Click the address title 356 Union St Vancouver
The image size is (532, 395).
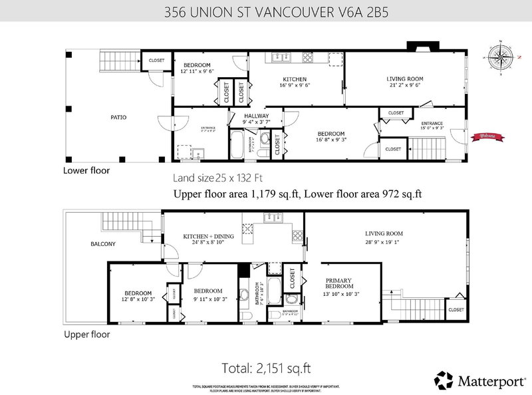(265, 11)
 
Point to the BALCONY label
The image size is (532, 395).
(102, 244)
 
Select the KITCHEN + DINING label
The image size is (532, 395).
(205, 236)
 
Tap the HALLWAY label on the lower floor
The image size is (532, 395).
(255, 115)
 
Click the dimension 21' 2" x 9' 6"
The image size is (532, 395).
(405, 86)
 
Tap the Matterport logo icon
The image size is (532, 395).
(442, 380)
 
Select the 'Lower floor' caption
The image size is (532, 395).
(86, 170)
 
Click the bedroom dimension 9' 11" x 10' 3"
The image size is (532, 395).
(210, 299)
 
